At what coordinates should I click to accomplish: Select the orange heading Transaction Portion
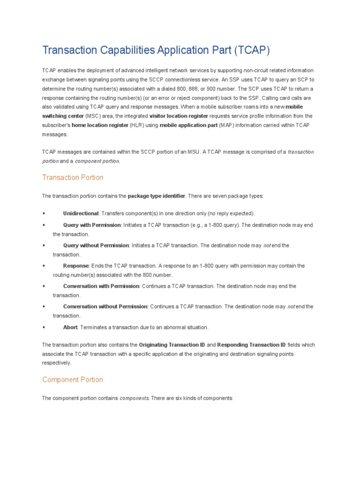[73, 178]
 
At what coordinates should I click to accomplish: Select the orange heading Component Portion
[73, 380]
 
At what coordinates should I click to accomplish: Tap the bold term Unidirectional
[81, 213]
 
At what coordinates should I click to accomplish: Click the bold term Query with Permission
[92, 225]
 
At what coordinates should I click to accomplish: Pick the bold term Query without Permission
[96, 246]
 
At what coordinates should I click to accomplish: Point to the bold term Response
[75, 266]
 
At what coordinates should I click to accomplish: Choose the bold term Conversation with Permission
[101, 286]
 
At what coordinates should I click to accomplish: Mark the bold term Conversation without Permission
[105, 307]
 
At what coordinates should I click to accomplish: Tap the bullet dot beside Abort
[44, 327]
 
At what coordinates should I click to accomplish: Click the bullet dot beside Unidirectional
[44, 213]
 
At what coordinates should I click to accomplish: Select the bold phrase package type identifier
[157, 195]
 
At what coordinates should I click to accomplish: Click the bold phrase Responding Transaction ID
[251, 345]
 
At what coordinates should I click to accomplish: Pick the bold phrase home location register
[100, 125]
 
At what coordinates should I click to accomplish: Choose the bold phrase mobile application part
[188, 125]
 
